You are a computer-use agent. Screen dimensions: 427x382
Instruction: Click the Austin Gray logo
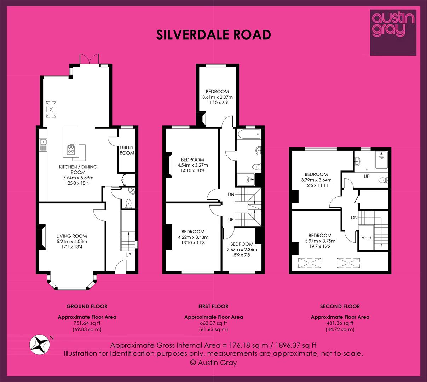tap(393, 33)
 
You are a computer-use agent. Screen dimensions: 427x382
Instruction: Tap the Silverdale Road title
tap(214, 35)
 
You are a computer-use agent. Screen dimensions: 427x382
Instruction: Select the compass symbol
tap(40, 345)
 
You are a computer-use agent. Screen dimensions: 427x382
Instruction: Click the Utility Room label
tap(127, 150)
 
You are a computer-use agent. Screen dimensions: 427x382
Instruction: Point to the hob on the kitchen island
tap(71, 149)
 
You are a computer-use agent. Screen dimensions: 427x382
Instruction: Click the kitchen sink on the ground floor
tap(43, 145)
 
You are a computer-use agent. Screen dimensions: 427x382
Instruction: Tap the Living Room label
tap(72, 236)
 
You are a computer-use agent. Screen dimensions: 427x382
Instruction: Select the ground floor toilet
tap(129, 203)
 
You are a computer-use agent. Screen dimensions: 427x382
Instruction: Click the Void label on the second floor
tap(366, 238)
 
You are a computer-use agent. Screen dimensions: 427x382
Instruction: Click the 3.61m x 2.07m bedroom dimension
tap(218, 97)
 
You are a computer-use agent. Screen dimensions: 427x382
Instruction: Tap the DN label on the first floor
tap(231, 195)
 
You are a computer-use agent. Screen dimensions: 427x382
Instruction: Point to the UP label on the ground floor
tap(128, 255)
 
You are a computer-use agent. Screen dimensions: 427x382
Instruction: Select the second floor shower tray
tap(381, 160)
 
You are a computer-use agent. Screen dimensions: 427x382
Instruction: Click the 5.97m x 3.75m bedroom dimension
tap(320, 241)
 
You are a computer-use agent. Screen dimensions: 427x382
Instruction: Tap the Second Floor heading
tap(340, 306)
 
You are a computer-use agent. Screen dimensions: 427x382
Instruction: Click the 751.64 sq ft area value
tap(87, 323)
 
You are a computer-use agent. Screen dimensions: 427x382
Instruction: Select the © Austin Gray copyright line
tap(213, 363)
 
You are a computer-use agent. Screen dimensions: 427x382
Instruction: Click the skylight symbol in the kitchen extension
tap(51, 109)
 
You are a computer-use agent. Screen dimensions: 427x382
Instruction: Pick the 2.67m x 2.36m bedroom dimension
tap(242, 250)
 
